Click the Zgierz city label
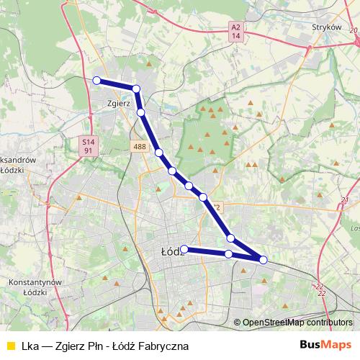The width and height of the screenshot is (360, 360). tap(117, 103)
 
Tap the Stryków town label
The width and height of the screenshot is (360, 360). tap(325, 27)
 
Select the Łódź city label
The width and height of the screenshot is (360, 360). tap(169, 252)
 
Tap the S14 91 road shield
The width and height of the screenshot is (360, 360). tap(88, 146)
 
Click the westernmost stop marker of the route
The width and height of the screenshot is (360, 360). tap(96, 81)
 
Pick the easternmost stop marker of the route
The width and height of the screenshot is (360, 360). tap(264, 260)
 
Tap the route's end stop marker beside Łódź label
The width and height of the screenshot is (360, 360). tap(184, 249)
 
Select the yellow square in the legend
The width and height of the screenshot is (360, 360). tap(9, 346)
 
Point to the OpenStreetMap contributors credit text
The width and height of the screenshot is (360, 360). tap(297, 323)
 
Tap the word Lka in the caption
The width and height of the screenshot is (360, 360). tap(31, 346)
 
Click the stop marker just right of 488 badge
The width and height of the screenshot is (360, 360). tap(158, 153)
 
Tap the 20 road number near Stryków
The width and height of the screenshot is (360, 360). tap(354, 31)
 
